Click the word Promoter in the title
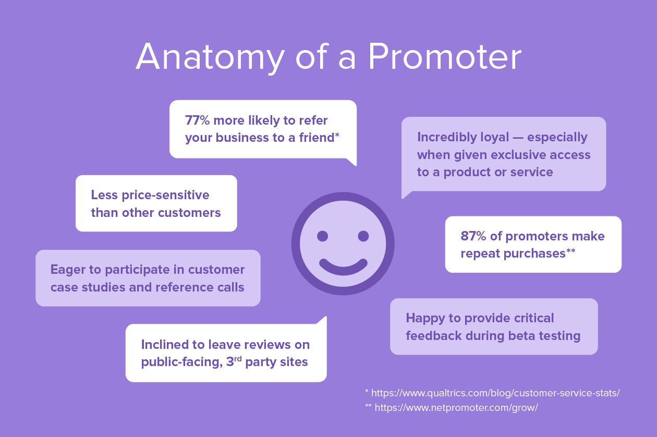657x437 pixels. (444, 57)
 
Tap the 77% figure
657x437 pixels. (197, 120)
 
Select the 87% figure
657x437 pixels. (472, 236)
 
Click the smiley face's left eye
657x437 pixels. (322, 236)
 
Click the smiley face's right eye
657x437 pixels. (363, 236)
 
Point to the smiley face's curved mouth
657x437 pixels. (343, 267)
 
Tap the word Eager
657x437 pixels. (67, 270)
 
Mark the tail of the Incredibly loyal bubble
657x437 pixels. (405, 195)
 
